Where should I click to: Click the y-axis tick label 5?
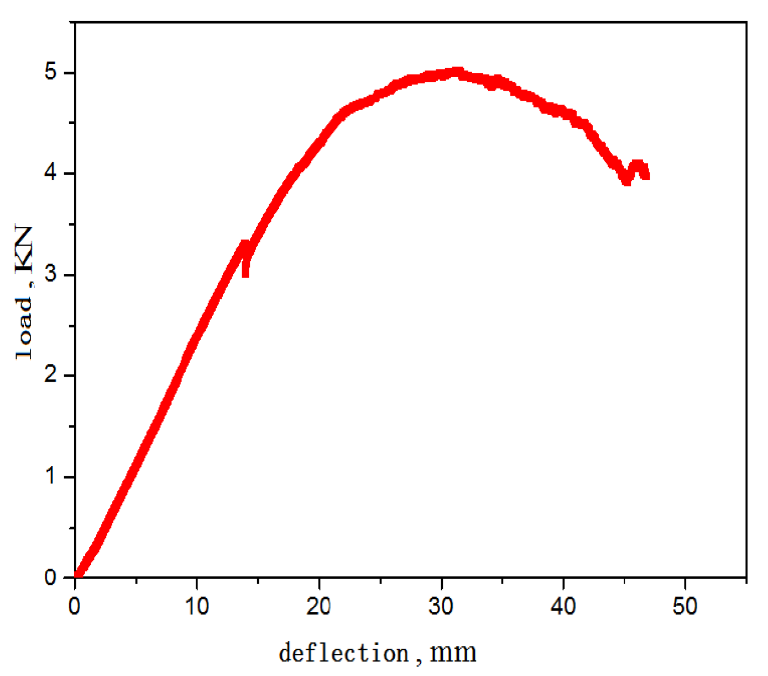click(50, 72)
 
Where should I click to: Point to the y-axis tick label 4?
click(50, 173)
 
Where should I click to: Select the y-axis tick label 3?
click(50, 274)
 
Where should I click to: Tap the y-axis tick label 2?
click(50, 375)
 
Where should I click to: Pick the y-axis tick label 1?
click(50, 476)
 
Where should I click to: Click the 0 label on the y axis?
click(50, 577)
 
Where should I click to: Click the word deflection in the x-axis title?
click(343, 653)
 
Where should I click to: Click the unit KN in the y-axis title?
click(24, 249)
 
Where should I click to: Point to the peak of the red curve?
click(457, 71)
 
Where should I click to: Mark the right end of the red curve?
click(646, 175)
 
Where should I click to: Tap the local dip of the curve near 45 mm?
click(626, 180)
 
